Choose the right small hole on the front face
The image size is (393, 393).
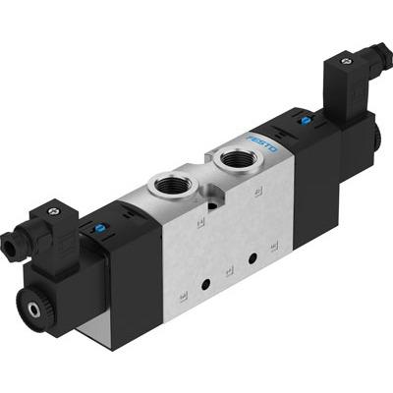(254, 256)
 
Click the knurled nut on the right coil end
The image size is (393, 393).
(379, 133)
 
